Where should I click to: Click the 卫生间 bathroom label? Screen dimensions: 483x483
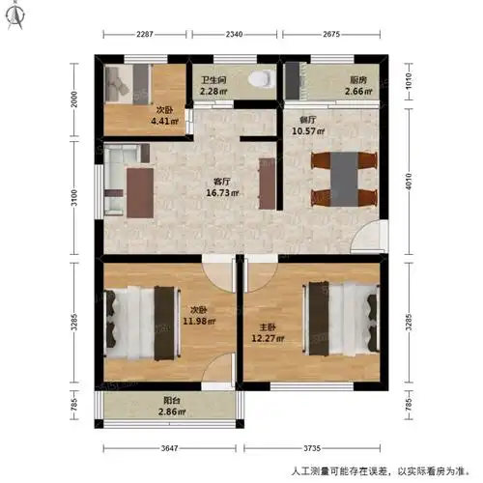click(213, 81)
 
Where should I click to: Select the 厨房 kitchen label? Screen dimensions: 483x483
click(356, 81)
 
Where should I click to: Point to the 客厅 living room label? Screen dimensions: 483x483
click(222, 181)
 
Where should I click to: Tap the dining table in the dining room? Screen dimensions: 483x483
click(344, 178)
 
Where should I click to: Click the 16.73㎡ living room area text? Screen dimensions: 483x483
click(222, 192)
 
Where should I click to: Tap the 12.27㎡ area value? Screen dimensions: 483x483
click(268, 338)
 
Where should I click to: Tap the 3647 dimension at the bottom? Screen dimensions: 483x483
click(170, 448)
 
